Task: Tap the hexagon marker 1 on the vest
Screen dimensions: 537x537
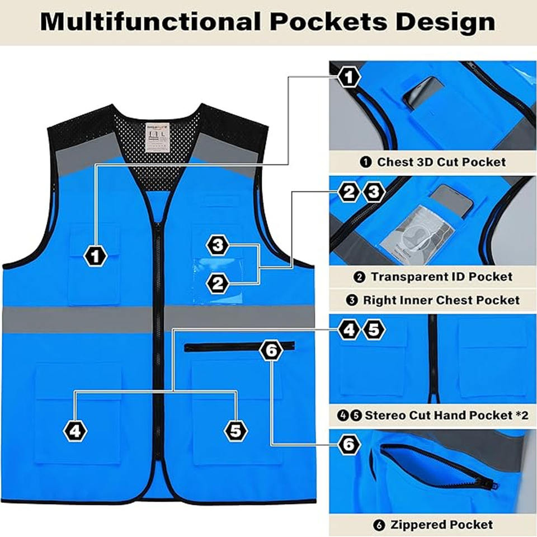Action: tap(96, 256)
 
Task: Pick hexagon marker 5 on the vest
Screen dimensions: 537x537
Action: tap(235, 430)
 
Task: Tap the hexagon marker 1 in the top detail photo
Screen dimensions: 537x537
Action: tap(349, 77)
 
